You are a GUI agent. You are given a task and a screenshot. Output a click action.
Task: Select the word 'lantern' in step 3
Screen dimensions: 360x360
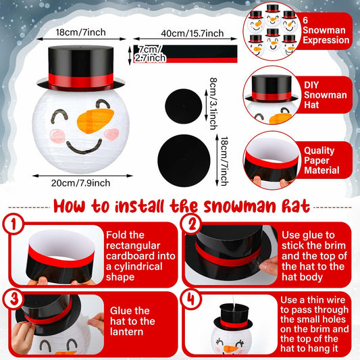coord(124,333)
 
